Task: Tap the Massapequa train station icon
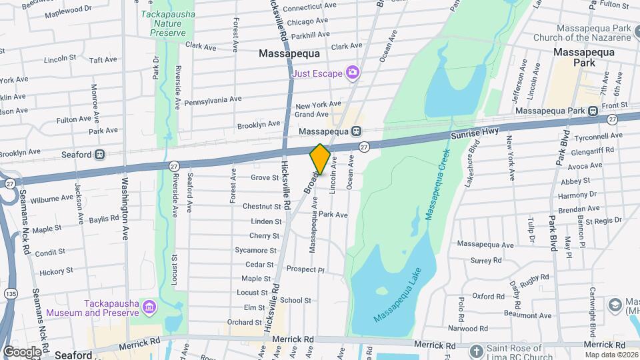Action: click(357, 131)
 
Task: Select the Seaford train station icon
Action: click(100, 155)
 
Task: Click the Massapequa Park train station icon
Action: click(592, 110)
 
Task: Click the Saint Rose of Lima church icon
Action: click(476, 351)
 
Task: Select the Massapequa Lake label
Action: click(402, 292)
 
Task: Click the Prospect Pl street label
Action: click(305, 270)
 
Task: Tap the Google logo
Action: click(21, 351)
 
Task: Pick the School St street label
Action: click(291, 301)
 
